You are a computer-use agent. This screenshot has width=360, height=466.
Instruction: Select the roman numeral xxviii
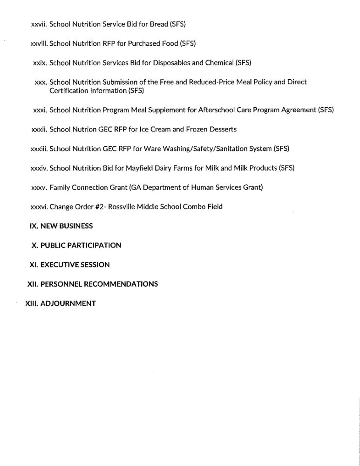38,44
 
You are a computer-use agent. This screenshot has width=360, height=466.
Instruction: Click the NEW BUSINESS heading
67,226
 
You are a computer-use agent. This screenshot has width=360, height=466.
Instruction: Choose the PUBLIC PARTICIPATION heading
81,245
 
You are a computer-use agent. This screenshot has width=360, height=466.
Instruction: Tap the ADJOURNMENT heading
68,303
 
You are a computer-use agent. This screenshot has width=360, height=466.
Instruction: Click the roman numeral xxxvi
39,206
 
